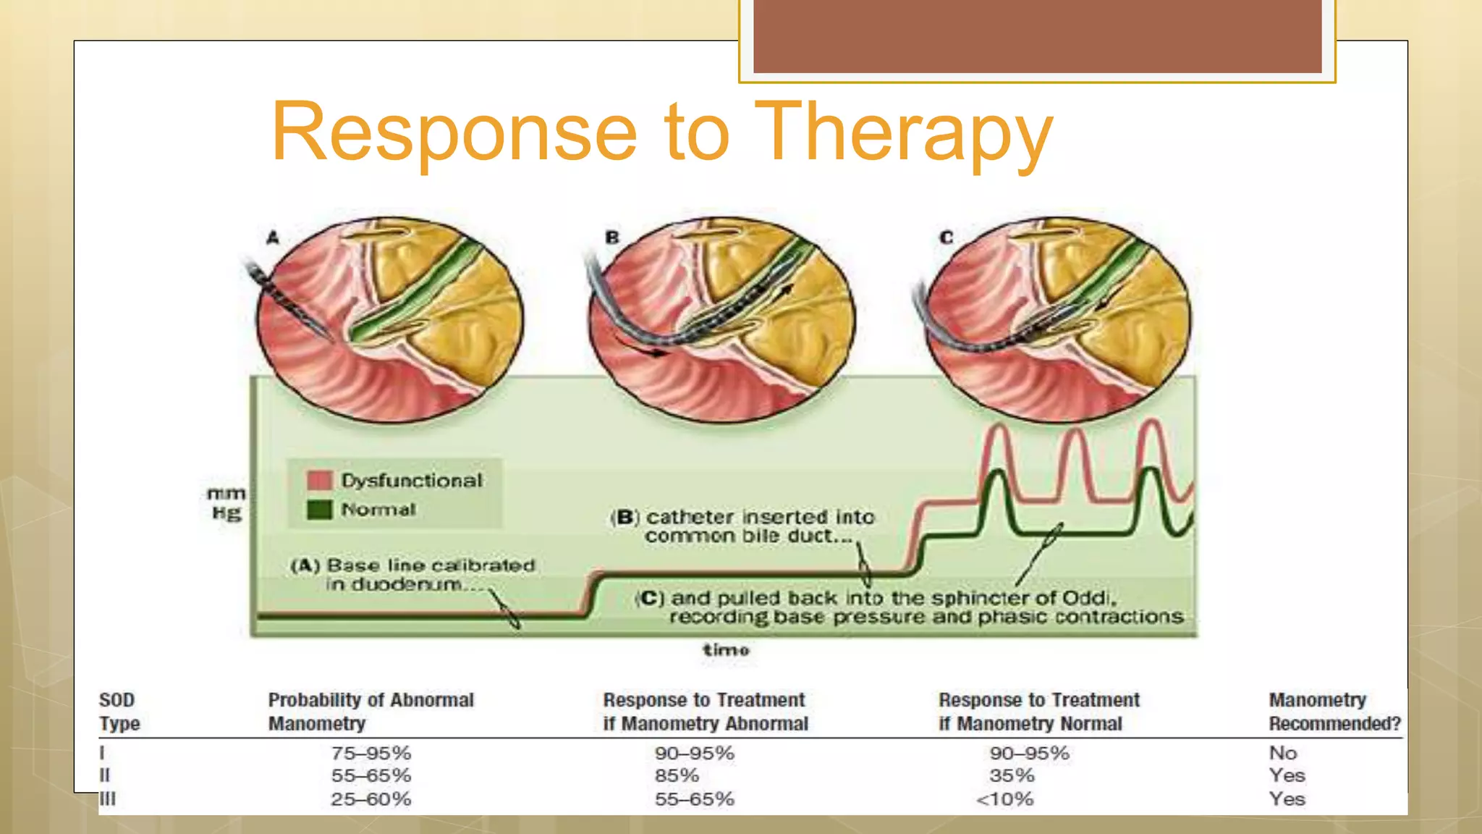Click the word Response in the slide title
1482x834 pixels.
[454, 132]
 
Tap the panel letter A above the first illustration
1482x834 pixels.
[272, 237]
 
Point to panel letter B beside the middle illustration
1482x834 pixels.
[612, 237]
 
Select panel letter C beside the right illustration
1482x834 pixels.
[946, 237]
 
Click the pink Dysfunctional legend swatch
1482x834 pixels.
[319, 480]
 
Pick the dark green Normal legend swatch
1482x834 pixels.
[319, 510]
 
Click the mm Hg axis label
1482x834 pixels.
[226, 503]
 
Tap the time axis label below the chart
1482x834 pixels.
[726, 649]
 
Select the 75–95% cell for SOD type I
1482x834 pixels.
[370, 753]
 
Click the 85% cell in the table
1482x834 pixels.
[677, 775]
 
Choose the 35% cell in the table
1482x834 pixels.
[1012, 775]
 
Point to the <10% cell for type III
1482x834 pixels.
[1004, 799]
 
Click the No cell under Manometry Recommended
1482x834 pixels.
[1282, 753]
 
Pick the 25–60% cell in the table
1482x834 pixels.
[370, 799]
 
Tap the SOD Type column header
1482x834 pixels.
[119, 712]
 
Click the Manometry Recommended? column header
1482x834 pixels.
[1334, 712]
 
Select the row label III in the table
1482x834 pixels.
[107, 799]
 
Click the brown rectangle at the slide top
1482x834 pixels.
[1037, 36]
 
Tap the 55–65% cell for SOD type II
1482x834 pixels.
[370, 775]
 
